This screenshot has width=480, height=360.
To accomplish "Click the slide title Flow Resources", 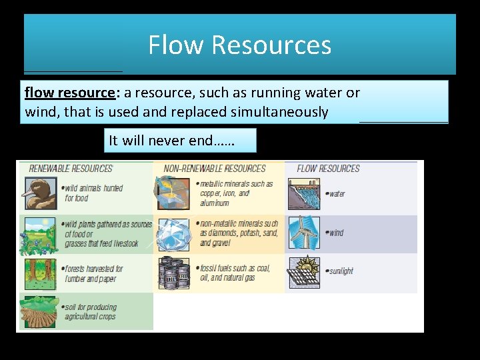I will tap(239, 45).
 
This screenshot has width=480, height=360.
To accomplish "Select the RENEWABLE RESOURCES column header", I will tap(70, 169).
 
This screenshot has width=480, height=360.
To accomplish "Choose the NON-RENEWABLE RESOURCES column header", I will tap(215, 169).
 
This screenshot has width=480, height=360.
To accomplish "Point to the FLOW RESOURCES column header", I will tap(328, 169).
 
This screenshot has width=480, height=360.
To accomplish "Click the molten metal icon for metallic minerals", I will tap(173, 194).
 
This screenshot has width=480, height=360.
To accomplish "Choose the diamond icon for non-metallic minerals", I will tap(173, 233).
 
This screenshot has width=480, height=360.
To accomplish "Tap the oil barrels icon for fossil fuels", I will tap(173, 272).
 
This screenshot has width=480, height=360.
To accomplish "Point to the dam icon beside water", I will tap(304, 194).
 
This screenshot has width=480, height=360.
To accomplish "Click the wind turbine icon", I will tap(304, 233).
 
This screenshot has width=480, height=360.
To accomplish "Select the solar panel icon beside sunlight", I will tap(304, 272).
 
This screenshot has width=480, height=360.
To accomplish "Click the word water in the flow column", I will tap(337, 194).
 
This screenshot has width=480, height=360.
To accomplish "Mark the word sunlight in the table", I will tap(341, 271).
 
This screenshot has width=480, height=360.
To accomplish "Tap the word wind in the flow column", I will tap(336, 233).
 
